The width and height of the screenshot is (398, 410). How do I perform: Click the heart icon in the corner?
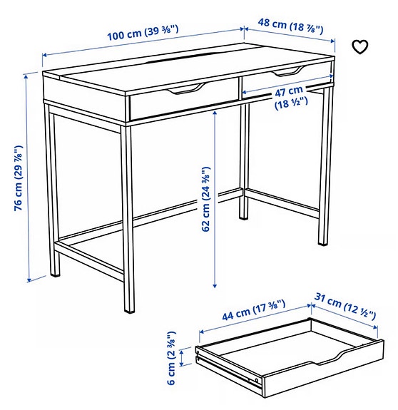coord(361,47)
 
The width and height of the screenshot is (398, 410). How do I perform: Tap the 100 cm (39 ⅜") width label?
coord(143,32)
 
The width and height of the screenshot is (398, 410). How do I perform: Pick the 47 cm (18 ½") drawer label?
coord(290,97)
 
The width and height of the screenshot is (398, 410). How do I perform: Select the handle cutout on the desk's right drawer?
coord(287,72)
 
